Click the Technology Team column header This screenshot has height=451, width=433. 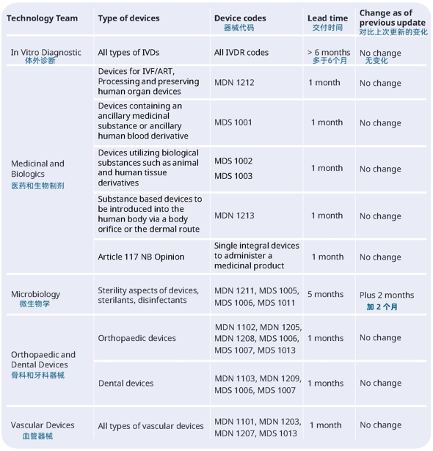coord(42,18)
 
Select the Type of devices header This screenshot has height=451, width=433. coord(128,18)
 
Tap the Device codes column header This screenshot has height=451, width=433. coord(240,18)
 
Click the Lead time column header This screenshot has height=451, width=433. coord(327,18)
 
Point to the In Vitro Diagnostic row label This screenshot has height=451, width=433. coord(46,52)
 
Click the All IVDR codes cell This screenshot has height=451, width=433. coord(241,52)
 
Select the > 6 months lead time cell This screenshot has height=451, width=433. coord(329,52)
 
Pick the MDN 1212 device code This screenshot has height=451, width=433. coord(234,83)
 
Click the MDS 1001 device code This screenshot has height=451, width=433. coord(233,122)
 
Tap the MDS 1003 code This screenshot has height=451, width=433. coord(233,176)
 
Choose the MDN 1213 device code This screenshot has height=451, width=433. coord(234,216)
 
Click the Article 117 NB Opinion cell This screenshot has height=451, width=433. coord(141,257)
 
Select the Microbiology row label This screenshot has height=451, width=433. coord(36,294)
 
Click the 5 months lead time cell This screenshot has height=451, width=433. coord(326,294)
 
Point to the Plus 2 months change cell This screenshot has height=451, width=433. coord(387,295)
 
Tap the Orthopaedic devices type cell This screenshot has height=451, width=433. coord(137,338)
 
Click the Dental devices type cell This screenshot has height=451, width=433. coord(125,383)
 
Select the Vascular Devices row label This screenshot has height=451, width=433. coord(43,425)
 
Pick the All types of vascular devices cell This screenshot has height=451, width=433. coord(150,426)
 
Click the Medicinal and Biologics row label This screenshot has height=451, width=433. coord(37,169)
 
